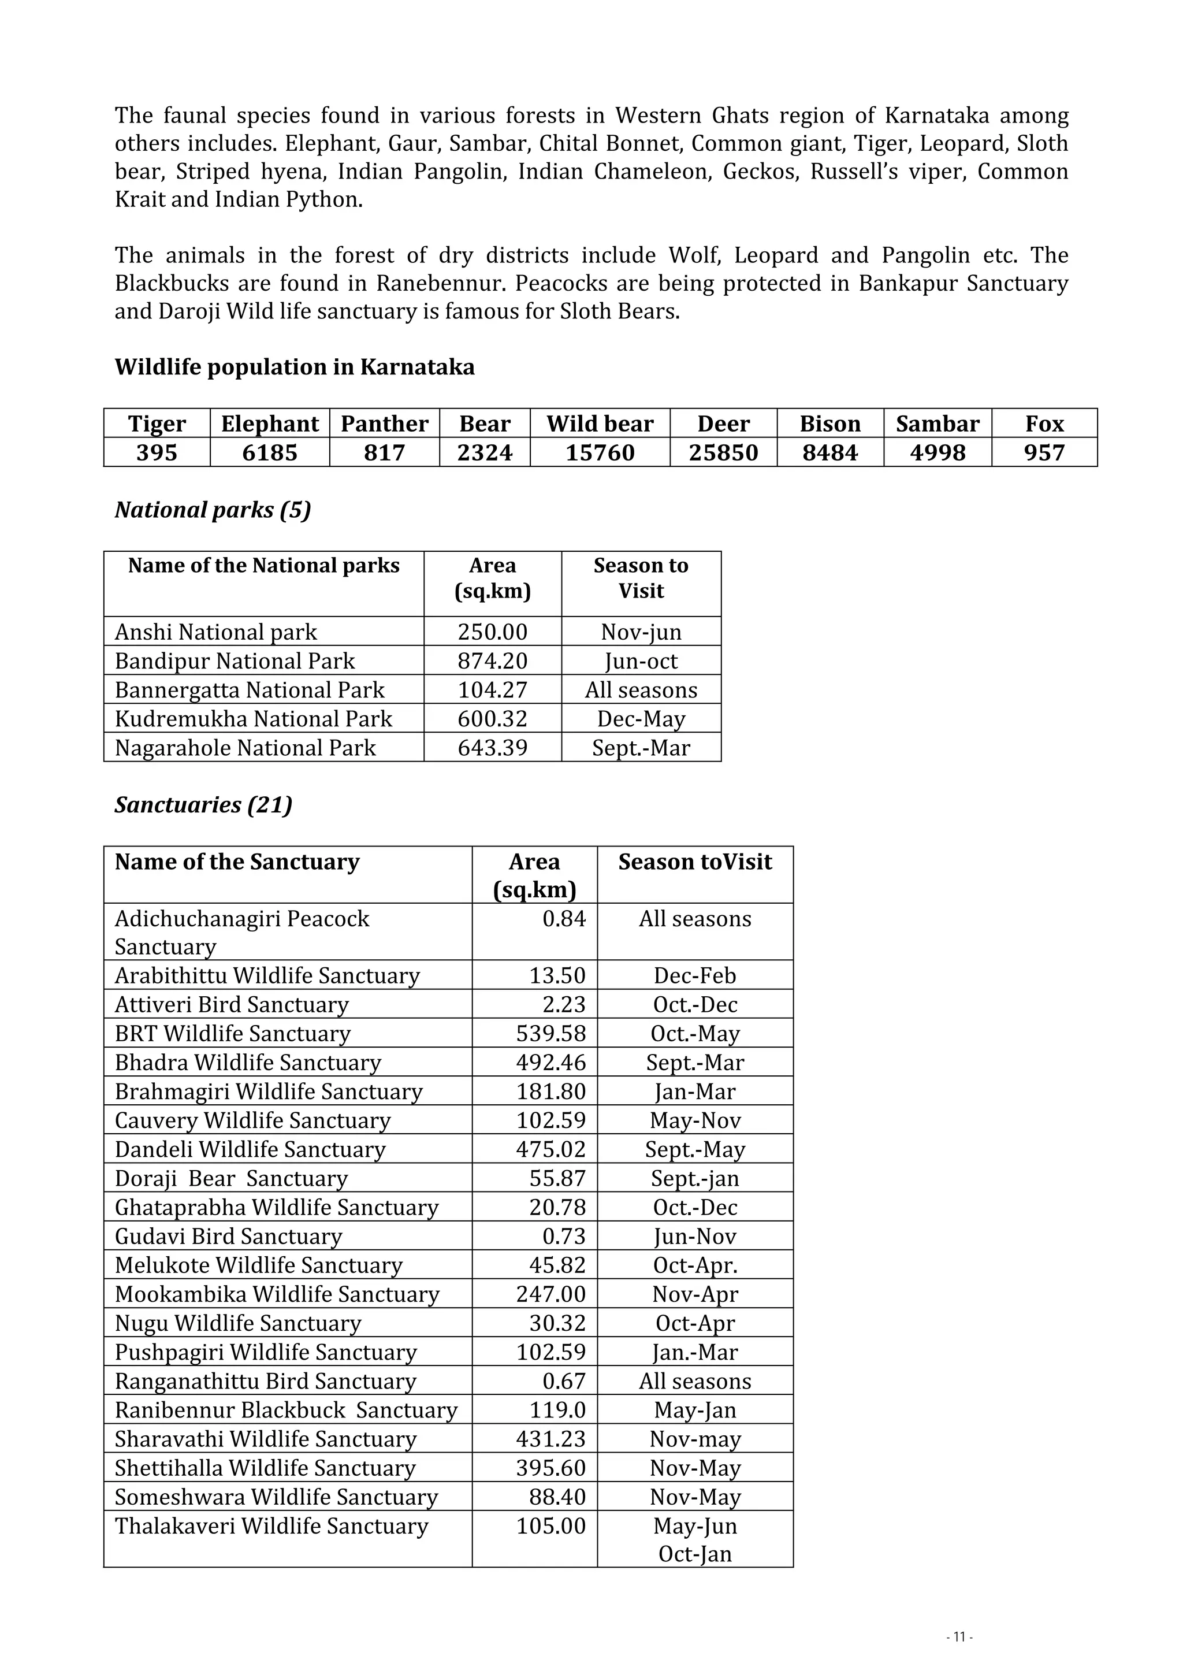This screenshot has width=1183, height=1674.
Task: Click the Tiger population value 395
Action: tap(157, 453)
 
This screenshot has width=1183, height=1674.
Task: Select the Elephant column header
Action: tap(270, 424)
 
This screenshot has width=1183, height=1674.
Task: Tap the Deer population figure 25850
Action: tap(723, 453)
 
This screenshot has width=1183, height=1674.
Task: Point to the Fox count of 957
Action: tap(1044, 453)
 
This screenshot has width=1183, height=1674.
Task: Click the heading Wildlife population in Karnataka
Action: tap(295, 367)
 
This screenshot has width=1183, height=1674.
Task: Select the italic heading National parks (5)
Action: tap(213, 510)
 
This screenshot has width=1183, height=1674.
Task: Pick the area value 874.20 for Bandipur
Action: tap(492, 661)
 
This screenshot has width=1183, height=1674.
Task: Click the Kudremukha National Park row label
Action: tap(253, 719)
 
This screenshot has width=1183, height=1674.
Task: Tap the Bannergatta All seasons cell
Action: tap(641, 691)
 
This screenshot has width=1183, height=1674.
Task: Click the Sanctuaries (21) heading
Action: tap(203, 805)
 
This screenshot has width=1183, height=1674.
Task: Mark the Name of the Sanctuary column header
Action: tap(237, 862)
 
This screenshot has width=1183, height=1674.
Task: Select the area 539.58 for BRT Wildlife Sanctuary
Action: tap(550, 1034)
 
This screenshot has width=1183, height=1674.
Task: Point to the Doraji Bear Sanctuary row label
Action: tap(231, 1178)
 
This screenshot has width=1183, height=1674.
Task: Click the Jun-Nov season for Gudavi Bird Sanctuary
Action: tap(695, 1237)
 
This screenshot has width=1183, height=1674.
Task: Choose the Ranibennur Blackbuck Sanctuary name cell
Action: tap(286, 1410)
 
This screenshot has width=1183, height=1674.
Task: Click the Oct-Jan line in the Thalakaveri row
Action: tap(695, 1554)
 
